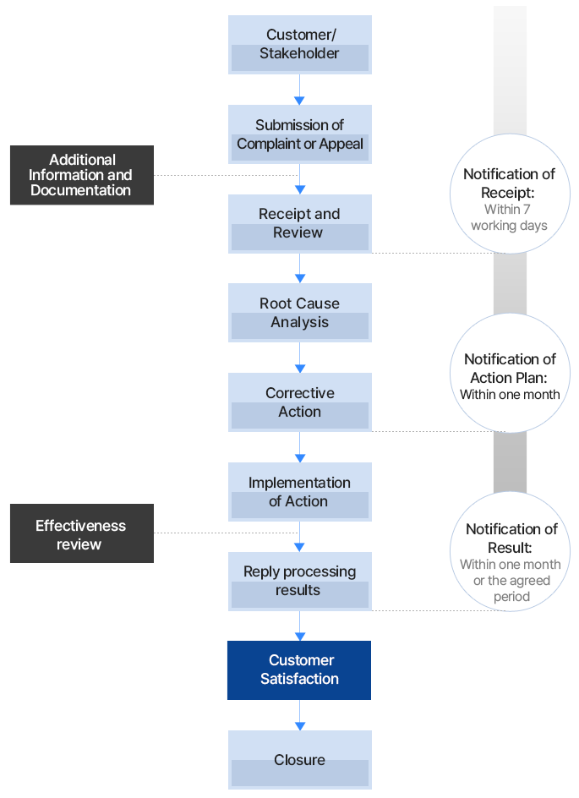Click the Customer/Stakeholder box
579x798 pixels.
(x=299, y=44)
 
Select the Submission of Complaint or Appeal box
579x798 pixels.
(x=299, y=134)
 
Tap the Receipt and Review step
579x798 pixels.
(x=299, y=223)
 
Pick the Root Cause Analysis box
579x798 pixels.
(x=299, y=313)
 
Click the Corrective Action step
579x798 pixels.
(x=299, y=402)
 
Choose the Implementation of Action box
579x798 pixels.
(x=299, y=492)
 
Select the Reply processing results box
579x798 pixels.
(x=299, y=581)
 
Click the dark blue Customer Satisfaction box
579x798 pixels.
(x=299, y=670)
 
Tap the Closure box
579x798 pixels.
(x=299, y=759)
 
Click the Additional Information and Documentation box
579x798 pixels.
(x=82, y=175)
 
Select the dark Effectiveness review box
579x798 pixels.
(x=82, y=533)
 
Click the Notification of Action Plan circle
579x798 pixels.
(x=509, y=373)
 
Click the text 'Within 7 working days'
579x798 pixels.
(x=509, y=217)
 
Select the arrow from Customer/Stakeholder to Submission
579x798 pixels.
(x=299, y=89)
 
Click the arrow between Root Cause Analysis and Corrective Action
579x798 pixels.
(x=299, y=358)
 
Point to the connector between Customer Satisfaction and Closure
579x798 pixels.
(x=299, y=714)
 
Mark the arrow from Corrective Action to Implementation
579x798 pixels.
(x=299, y=447)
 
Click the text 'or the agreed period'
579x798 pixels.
(x=511, y=588)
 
